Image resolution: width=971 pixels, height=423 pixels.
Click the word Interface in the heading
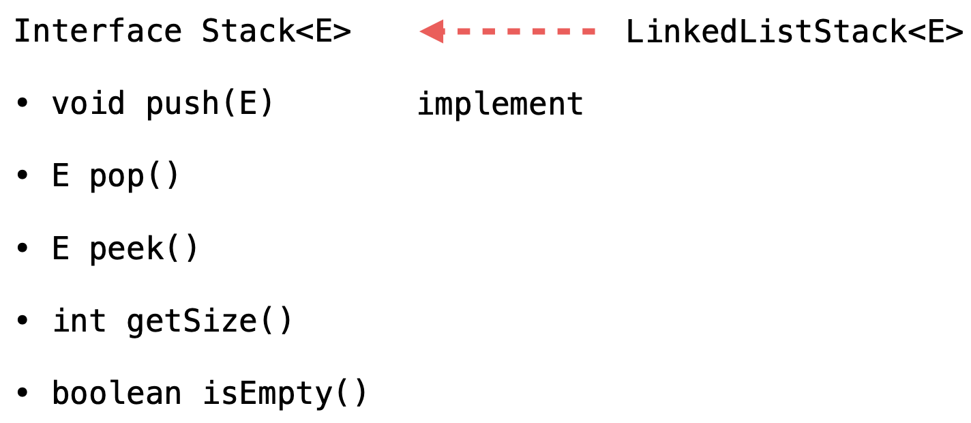coord(98,32)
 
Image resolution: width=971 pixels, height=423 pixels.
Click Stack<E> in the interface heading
coord(276,32)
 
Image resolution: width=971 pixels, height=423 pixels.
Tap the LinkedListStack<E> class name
coord(794,32)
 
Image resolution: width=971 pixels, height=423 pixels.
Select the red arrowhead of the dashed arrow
coord(432,31)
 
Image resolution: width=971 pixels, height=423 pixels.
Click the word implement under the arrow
coord(501,104)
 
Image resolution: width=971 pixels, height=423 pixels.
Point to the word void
coord(89,104)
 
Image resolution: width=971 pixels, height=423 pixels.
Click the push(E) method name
coord(209,104)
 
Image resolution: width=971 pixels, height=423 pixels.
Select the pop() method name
coord(134,177)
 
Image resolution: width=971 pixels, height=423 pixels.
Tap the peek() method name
coord(143,249)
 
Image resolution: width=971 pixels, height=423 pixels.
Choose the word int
coord(80,321)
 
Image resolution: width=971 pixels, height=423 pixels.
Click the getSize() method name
coord(209,321)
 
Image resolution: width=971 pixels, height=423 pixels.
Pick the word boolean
coord(117,394)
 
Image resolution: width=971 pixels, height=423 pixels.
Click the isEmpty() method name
coord(285,394)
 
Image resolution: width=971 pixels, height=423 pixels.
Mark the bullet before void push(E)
coord(23,105)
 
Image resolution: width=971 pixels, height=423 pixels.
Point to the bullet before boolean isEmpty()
coord(23,394)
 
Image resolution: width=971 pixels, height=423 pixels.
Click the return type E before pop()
coord(61,177)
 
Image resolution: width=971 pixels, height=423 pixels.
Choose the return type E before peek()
coord(61,249)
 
